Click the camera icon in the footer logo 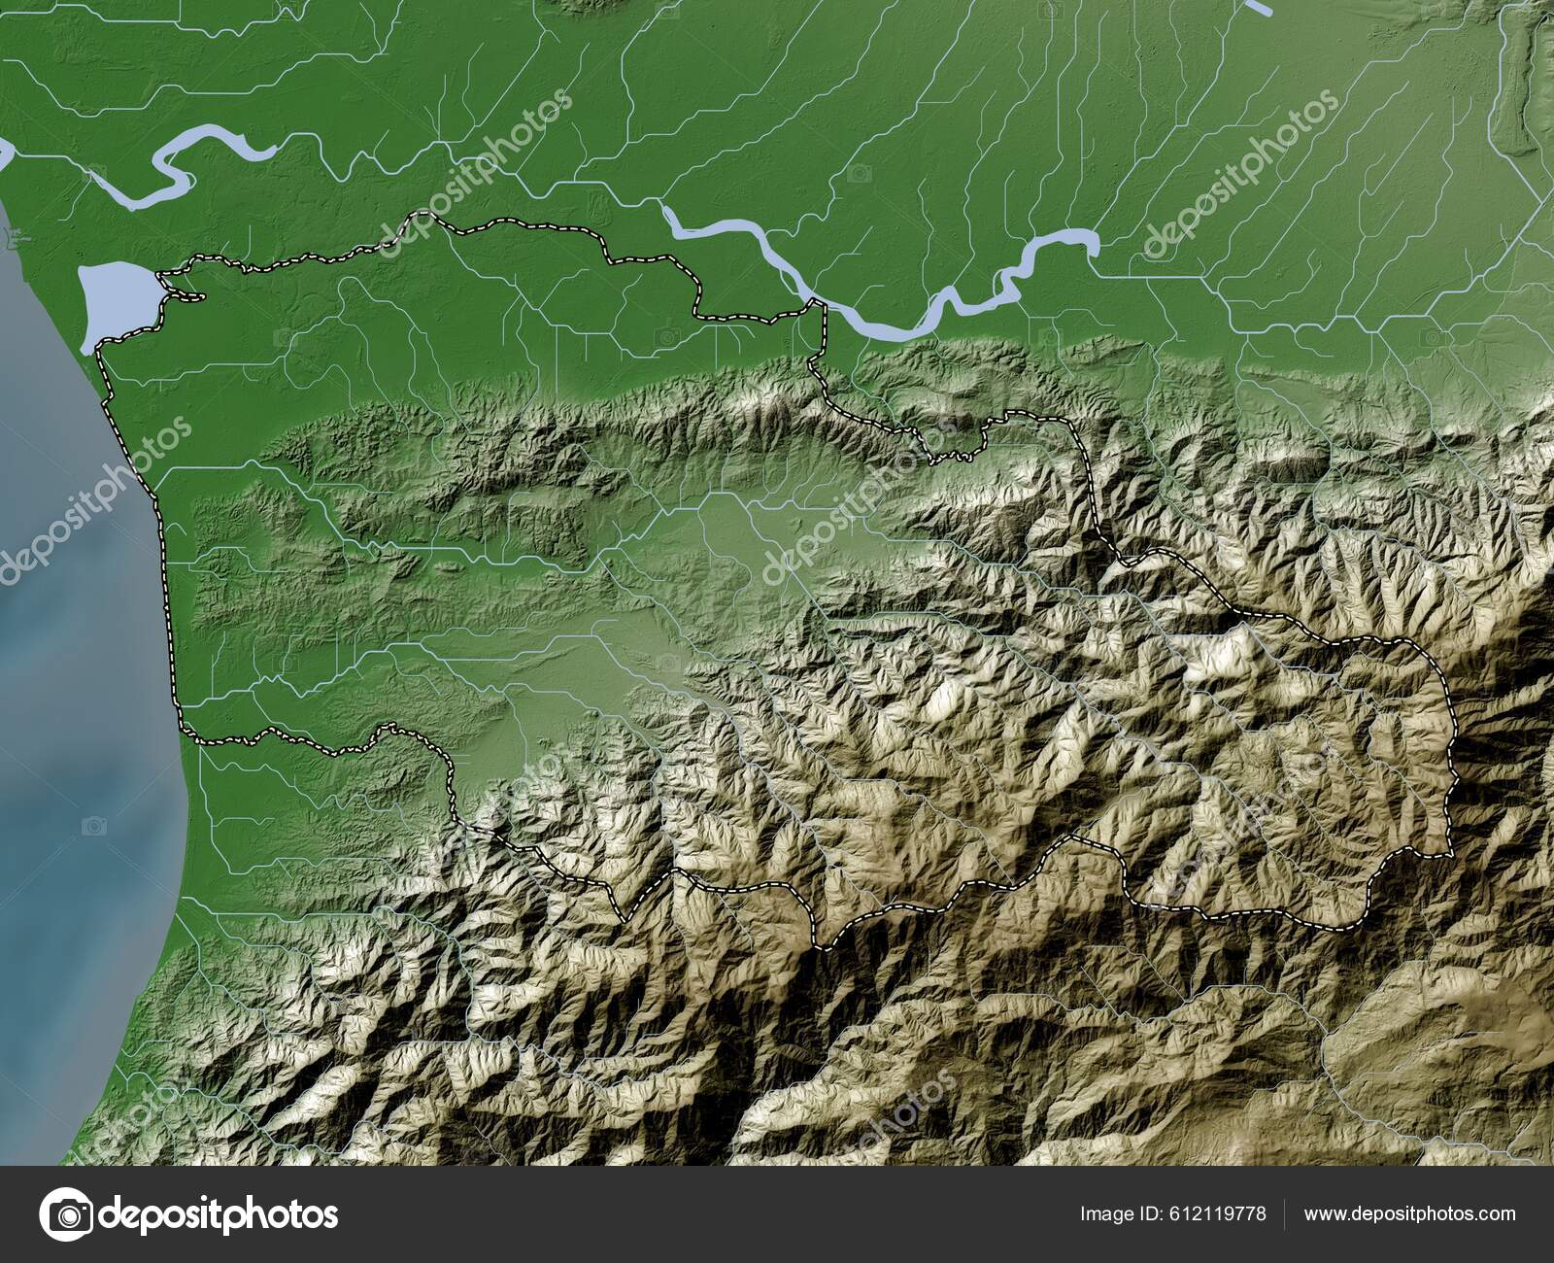pos(69,1213)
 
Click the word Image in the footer pos(1103,1213)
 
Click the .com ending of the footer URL pos(1496,1213)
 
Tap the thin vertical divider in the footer pos(1285,1213)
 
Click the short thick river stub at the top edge pos(1260,7)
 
